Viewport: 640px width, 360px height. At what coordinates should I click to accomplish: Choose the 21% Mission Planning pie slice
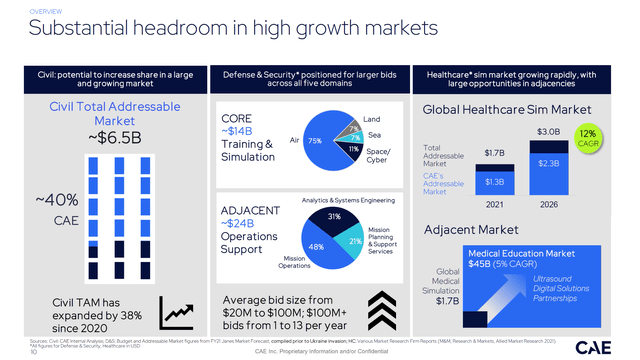[355, 241]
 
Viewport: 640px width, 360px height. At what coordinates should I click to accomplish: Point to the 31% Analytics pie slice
[335, 217]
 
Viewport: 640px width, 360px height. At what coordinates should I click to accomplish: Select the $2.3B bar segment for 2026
[549, 163]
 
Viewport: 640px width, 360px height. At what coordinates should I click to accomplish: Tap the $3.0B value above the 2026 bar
[549, 132]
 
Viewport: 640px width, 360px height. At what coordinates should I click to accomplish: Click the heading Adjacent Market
[476, 229]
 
